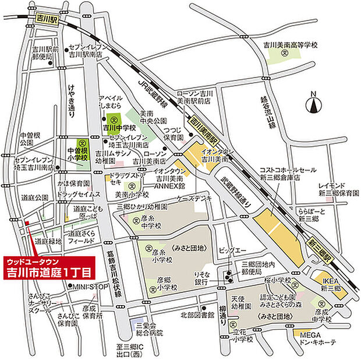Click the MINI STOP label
(88, 286)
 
